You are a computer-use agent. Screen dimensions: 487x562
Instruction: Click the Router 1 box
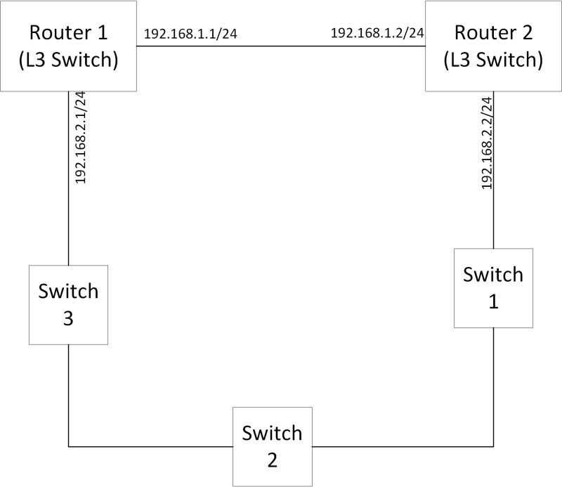(x=68, y=46)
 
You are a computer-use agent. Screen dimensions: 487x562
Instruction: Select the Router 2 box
(x=493, y=46)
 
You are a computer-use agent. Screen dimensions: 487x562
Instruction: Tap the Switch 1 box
(x=493, y=288)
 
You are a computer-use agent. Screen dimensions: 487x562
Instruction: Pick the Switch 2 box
(x=272, y=446)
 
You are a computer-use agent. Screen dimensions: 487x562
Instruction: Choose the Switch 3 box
(x=68, y=304)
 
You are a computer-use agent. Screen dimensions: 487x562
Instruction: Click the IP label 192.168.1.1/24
(x=190, y=34)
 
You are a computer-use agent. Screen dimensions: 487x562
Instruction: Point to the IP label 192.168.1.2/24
(x=377, y=33)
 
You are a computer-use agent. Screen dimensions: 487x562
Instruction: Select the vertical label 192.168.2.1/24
(x=80, y=138)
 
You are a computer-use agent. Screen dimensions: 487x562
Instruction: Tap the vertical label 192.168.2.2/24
(x=486, y=143)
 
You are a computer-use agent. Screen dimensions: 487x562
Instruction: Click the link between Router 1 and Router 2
(x=281, y=46)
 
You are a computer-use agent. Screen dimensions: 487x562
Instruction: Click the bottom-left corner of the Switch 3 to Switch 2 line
(x=68, y=446)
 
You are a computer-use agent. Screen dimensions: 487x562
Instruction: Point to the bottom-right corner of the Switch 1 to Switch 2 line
(x=493, y=446)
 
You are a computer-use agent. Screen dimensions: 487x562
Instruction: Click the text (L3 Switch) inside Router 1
(x=68, y=60)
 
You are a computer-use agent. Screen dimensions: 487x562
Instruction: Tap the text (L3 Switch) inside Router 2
(x=493, y=60)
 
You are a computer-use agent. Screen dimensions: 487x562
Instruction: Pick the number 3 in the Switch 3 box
(x=68, y=318)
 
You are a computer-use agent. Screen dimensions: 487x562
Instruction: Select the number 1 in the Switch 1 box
(x=493, y=301)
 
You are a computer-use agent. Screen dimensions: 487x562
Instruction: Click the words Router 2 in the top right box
(x=493, y=32)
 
